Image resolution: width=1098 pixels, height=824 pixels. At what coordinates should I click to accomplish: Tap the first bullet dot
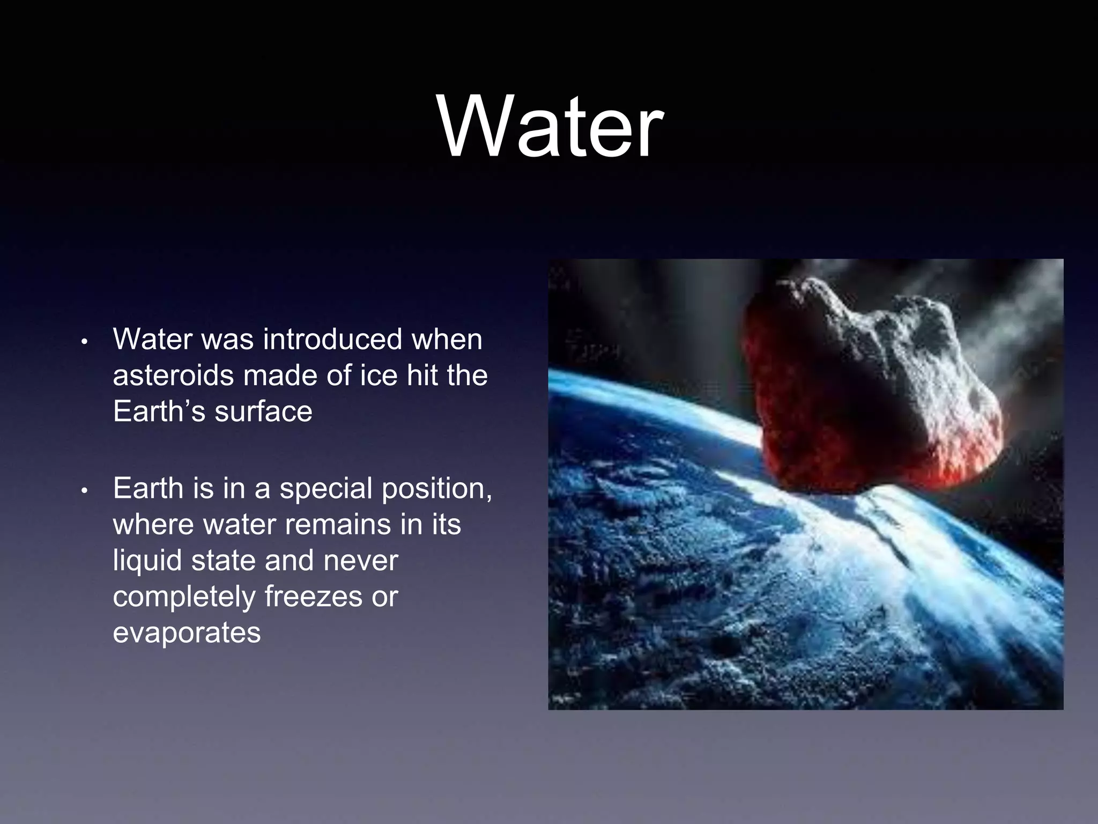pyautogui.click(x=84, y=342)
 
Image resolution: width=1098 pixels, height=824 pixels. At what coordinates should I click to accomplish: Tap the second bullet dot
pyautogui.click(x=84, y=491)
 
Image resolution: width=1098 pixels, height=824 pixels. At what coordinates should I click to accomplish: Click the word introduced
pyautogui.click(x=332, y=340)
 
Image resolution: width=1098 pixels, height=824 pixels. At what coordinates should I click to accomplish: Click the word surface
pyautogui.click(x=263, y=412)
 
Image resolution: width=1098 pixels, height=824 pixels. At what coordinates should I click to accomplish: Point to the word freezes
pyautogui.click(x=313, y=597)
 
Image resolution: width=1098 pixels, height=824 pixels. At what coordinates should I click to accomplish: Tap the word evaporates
pyautogui.click(x=187, y=633)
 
